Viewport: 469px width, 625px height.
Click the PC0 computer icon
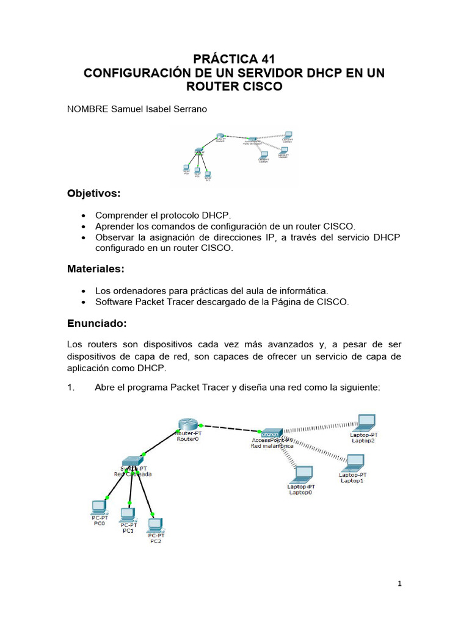pyautogui.click(x=98, y=507)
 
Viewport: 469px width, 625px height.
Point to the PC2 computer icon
pyautogui.click(x=156, y=524)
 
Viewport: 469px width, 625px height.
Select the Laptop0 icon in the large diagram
pyautogui.click(x=302, y=474)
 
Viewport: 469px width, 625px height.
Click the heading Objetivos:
pyautogui.click(x=93, y=193)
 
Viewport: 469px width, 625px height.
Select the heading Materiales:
pyautogui.click(x=95, y=269)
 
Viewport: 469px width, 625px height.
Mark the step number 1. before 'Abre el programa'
pyautogui.click(x=70, y=386)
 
